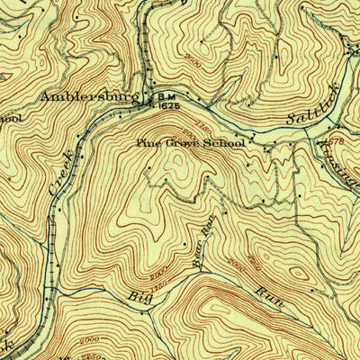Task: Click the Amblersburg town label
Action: [x=87, y=95]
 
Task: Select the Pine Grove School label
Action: [x=191, y=141]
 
